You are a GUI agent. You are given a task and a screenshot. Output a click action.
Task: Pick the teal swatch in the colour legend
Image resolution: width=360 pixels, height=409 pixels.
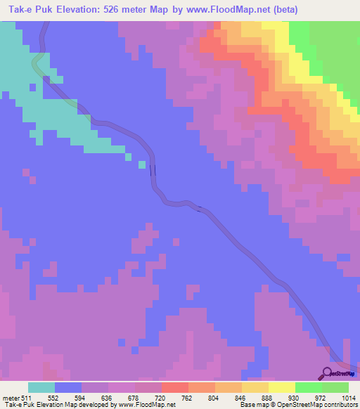point(41,387)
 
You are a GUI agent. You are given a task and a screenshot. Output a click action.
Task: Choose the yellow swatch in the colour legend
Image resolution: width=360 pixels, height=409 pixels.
point(281,387)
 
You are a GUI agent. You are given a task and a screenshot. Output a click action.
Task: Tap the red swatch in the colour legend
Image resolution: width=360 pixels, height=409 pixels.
point(174,387)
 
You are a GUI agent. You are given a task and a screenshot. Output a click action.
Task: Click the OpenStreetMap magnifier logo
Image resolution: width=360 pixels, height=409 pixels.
point(328,373)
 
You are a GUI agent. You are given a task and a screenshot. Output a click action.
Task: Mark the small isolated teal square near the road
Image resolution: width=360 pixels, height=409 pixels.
point(142,165)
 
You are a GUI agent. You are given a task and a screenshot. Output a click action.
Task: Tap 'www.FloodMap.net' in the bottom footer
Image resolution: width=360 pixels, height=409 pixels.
point(146,405)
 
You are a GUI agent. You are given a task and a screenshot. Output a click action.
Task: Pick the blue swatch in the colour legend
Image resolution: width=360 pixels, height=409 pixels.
point(68,387)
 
